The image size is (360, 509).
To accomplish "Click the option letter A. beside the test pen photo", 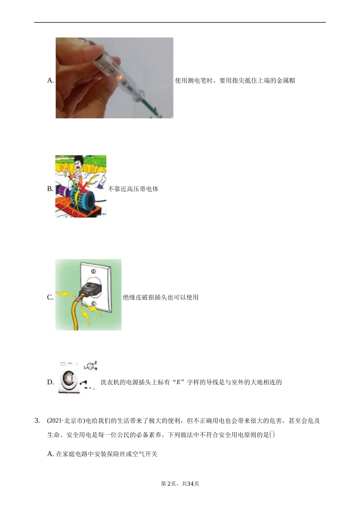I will pyautogui.click(x=50, y=80).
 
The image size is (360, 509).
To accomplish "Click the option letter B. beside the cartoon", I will pyautogui.click(x=50, y=189).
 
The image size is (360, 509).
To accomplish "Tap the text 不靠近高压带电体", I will pyautogui.click(x=133, y=189).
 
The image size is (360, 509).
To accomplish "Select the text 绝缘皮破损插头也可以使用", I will pyautogui.click(x=161, y=297).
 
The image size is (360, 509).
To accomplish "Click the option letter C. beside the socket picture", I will pyautogui.click(x=50, y=297).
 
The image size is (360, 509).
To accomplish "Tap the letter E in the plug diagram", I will pyautogui.click(x=95, y=363).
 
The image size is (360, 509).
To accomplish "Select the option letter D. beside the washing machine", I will pyautogui.click(x=50, y=382).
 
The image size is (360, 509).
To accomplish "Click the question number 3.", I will pyautogui.click(x=37, y=421).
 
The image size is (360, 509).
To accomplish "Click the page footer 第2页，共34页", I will pyautogui.click(x=180, y=484).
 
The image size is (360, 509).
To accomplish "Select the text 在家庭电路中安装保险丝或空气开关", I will pyautogui.click(x=107, y=454).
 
